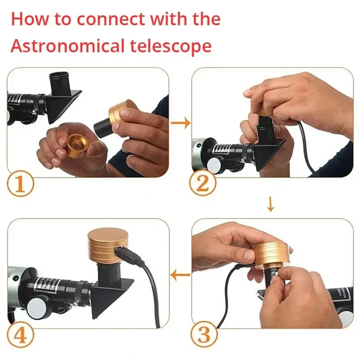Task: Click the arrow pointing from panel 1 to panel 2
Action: pyautogui.click(x=181, y=123)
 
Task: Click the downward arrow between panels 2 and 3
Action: pyautogui.click(x=270, y=205)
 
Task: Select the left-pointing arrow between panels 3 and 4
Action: pyautogui.click(x=181, y=274)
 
